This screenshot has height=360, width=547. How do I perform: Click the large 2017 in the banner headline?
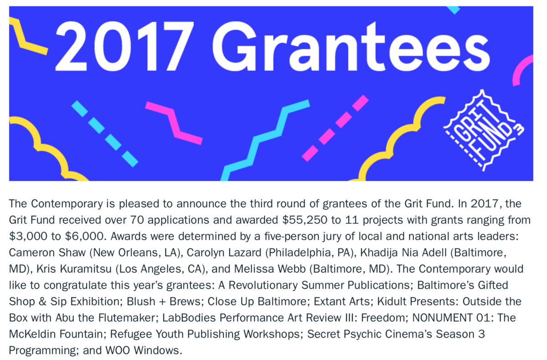(124, 46)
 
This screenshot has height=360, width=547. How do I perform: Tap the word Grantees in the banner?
(351, 46)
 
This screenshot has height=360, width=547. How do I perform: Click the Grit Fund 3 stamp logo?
(484, 131)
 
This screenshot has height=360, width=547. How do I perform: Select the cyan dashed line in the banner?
(105, 134)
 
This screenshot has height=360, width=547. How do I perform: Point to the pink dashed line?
(335, 128)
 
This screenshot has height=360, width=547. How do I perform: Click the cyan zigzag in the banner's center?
(265, 140)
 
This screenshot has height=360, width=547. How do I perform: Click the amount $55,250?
(305, 220)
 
